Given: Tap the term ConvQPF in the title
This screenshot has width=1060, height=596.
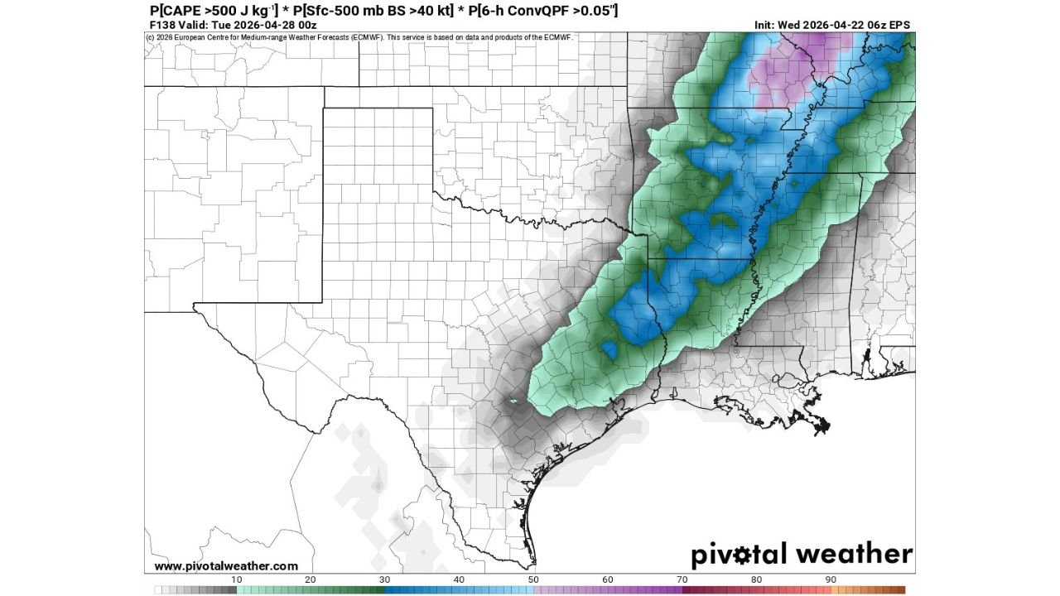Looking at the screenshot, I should (537, 11).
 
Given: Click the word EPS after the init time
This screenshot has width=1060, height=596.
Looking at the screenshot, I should (899, 25).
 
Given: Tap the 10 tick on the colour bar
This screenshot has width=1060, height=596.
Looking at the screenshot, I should (236, 579).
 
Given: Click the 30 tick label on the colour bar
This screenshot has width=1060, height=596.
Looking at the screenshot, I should (384, 579).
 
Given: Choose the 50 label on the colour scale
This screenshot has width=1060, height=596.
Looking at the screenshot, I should (533, 579).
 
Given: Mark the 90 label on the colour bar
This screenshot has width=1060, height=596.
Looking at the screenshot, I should (831, 579).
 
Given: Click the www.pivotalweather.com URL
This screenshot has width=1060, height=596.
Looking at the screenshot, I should (226, 566).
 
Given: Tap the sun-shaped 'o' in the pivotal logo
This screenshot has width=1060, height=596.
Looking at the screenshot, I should (746, 554).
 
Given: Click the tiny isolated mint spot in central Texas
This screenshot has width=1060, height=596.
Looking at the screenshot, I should (513, 403).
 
